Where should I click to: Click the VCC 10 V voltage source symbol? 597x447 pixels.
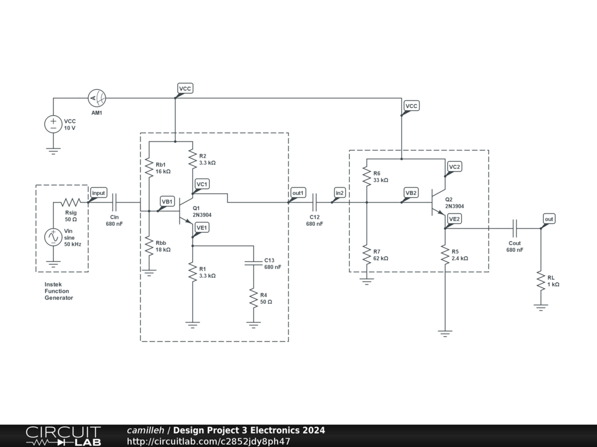click(53, 124)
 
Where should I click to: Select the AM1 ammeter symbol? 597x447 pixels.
click(96, 98)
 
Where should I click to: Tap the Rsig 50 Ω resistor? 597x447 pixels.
click(71, 203)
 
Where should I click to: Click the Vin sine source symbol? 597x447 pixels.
click(53, 237)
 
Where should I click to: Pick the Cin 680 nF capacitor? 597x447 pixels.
click(114, 203)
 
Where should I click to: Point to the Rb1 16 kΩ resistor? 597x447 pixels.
click(149, 168)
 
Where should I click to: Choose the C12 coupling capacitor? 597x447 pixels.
click(315, 203)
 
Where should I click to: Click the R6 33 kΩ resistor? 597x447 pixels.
click(367, 176)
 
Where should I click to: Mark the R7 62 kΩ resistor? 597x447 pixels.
click(367, 254)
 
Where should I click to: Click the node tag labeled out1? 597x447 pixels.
click(297, 193)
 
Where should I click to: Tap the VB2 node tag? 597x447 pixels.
click(411, 193)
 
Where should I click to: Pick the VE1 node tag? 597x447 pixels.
click(202, 228)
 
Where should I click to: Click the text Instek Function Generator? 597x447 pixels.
click(59, 290)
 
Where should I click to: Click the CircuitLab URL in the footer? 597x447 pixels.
click(208, 441)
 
